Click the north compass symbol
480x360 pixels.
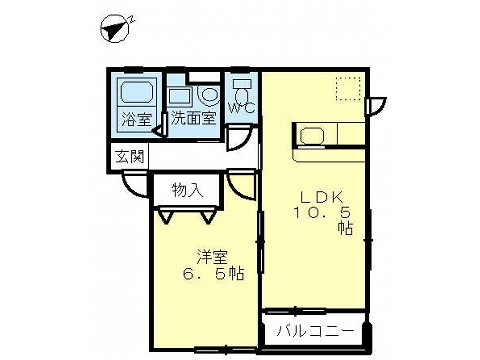point(116,29)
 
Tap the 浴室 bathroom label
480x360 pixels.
point(137,119)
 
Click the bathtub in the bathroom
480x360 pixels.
point(137,92)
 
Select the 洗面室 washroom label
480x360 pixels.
point(194,118)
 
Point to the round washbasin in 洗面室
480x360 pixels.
point(209,95)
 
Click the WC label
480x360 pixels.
point(242,108)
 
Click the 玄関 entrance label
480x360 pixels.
point(130,156)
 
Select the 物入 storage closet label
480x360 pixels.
point(187,190)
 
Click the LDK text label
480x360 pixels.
point(322,198)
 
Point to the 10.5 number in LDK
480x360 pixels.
point(322,212)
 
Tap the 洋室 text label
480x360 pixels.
point(212,257)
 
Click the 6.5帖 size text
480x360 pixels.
point(213,274)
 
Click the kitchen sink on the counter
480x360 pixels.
point(312,136)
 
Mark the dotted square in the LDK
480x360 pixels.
point(348,88)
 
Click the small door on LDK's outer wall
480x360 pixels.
point(377,106)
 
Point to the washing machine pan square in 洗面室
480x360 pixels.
point(179,96)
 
